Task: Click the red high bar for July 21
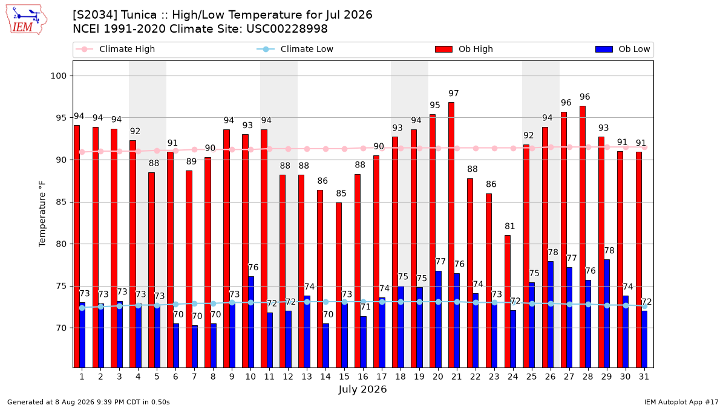(x=451, y=235)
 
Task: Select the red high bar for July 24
(x=508, y=302)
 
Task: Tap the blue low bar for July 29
(x=607, y=314)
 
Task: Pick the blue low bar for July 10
(x=251, y=322)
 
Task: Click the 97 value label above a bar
(x=454, y=93)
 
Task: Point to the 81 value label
(x=510, y=226)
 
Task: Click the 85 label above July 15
(x=341, y=193)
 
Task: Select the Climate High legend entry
(x=116, y=49)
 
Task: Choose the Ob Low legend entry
(x=623, y=49)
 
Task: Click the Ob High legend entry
(x=464, y=49)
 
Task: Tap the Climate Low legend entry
(x=295, y=49)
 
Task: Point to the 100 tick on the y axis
(x=58, y=76)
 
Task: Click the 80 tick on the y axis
(x=61, y=244)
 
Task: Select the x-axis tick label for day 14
(x=325, y=377)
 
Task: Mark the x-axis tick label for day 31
(x=644, y=377)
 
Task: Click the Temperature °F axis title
(x=42, y=214)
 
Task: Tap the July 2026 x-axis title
(x=362, y=389)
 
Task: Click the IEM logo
(x=26, y=20)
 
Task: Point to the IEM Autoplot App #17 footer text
(x=681, y=402)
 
